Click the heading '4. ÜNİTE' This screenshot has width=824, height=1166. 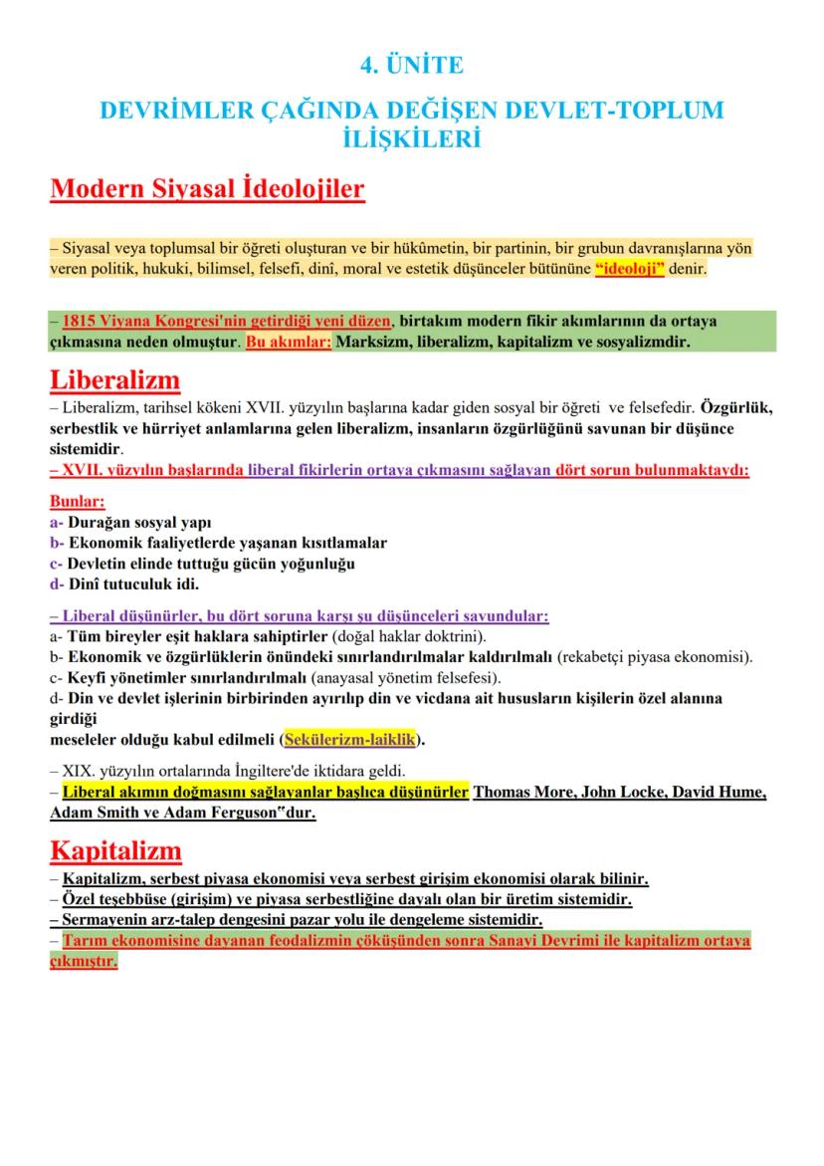coord(411,66)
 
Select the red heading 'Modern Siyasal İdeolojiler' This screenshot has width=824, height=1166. coord(207,189)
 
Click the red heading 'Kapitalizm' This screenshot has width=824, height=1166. coord(115,851)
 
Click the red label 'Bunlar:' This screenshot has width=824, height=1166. coord(77,502)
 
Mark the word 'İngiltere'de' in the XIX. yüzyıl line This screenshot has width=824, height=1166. coord(276,771)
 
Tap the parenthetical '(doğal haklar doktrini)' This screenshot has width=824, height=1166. coord(415,636)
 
